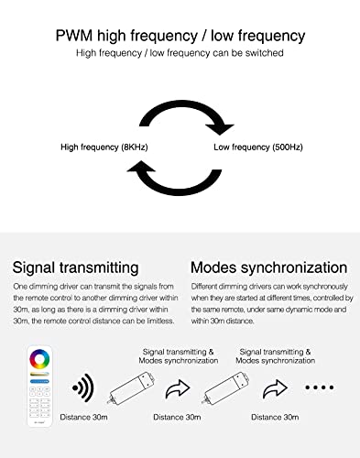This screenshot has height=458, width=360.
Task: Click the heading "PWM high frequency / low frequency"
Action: coord(180,36)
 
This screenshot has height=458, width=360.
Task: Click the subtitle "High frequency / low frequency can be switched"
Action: coord(180,53)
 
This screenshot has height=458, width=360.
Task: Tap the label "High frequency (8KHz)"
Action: coord(104,147)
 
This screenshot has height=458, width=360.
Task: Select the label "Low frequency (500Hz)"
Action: coord(258,147)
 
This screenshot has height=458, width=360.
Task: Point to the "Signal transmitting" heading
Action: coord(75,267)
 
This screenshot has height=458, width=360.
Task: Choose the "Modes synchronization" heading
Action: coord(269,267)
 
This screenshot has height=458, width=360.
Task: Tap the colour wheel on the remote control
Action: coord(39,359)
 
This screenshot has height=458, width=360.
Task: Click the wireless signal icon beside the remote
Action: coord(83,387)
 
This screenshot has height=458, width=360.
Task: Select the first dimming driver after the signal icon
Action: coord(132,387)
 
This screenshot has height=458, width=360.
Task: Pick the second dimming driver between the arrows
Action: coord(226,387)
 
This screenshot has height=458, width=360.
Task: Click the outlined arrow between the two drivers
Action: coord(178,389)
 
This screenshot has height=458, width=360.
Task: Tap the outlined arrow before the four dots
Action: coord(275,389)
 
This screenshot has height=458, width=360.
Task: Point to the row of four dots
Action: coord(320,387)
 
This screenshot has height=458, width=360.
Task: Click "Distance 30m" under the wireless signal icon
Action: coord(83,417)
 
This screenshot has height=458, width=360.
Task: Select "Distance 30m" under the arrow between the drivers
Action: coord(177,417)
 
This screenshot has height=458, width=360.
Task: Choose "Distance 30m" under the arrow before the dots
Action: coord(275,417)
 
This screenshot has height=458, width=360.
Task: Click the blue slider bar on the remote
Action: coord(39,381)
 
